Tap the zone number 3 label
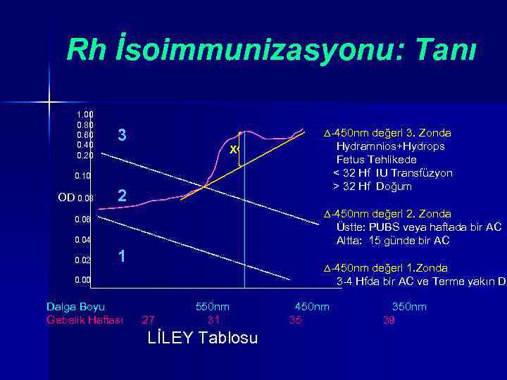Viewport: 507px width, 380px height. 122,135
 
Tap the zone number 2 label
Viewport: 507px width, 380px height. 122,196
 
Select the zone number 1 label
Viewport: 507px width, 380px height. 122,257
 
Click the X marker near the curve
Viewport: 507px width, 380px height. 233,150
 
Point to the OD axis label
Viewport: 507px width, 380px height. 65,198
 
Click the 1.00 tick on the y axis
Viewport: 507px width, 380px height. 84,114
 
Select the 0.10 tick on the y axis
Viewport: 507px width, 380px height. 84,175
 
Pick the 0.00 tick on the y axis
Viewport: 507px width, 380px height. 84,281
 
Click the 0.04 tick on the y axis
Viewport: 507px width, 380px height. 84,240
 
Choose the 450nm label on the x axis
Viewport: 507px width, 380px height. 311,307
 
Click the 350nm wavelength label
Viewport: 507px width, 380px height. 409,307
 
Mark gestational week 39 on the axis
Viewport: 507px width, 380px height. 388,320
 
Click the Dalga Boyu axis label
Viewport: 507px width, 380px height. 75,307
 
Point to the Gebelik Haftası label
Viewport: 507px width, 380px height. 84,320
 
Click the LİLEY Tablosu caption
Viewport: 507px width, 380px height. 203,338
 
